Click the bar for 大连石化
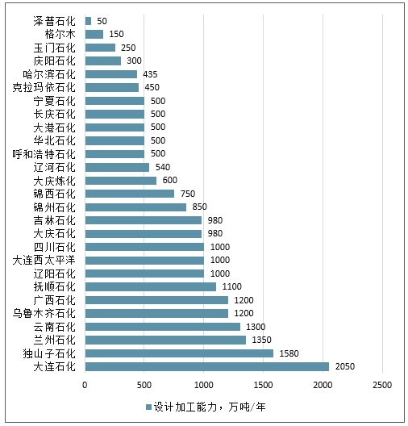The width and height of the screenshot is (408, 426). tap(207, 366)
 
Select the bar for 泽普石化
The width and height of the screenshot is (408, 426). tap(88, 21)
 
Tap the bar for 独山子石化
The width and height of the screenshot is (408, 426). tap(179, 353)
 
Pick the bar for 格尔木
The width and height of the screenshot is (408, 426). tap(94, 34)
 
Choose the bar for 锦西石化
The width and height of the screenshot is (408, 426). tap(130, 194)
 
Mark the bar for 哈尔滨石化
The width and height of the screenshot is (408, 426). tap(111, 74)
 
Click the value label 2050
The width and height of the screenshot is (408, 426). tap(345, 366)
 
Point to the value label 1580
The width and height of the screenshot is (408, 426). tap(289, 353)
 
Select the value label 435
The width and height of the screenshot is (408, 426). tap(150, 74)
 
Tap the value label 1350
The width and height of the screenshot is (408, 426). tap(262, 340)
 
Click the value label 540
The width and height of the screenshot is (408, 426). tap(163, 167)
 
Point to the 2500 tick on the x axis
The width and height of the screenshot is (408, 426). tap(382, 385)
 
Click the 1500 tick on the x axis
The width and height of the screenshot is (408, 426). tap(263, 385)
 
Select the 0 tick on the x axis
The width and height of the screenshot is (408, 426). tap(85, 385)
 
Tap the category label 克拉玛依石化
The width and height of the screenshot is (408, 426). tap(44, 87)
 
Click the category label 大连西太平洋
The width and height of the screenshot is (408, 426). tap(44, 261)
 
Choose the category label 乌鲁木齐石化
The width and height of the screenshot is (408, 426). tap(44, 314)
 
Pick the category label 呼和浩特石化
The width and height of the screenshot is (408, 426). tap(44, 154)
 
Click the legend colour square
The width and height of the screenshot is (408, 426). tap(148, 407)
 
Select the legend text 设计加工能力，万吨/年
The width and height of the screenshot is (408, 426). tap(210, 407)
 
